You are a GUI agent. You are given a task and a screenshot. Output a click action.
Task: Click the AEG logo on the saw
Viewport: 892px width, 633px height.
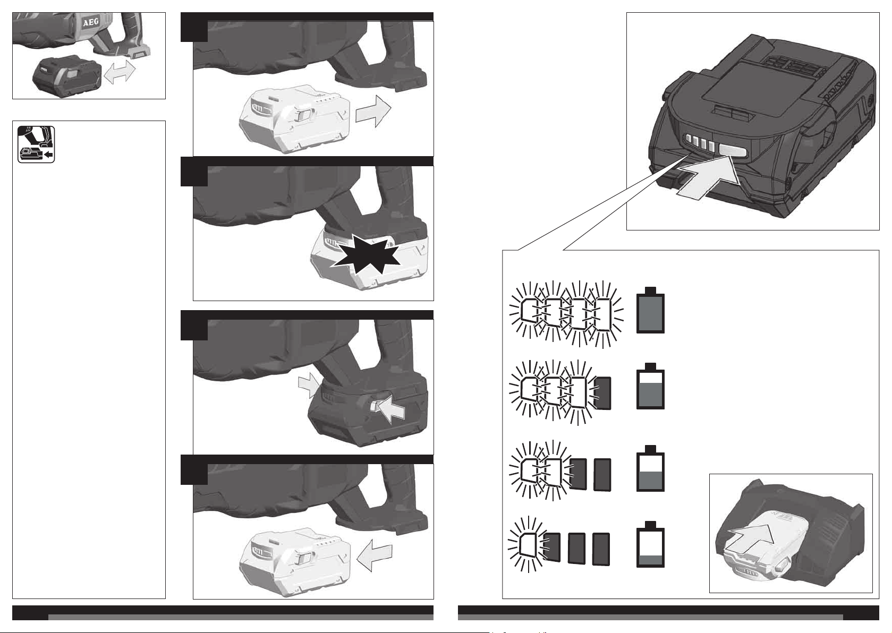(91, 23)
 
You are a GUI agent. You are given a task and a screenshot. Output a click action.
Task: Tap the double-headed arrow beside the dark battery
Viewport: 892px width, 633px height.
(120, 72)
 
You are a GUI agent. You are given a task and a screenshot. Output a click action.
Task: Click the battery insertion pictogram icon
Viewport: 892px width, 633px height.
(36, 144)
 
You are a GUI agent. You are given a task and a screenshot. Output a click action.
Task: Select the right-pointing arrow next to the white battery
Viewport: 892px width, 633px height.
(373, 111)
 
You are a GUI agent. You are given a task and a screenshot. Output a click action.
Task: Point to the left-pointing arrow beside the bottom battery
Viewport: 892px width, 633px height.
(375, 555)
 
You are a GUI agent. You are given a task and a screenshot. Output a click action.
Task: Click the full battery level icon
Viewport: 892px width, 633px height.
(650, 310)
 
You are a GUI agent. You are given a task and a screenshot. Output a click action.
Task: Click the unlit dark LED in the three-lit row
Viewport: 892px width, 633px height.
(602, 393)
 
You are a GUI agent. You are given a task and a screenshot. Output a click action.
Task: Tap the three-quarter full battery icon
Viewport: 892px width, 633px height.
(650, 386)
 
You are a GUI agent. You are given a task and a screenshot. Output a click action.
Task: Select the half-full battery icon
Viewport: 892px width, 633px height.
(650, 468)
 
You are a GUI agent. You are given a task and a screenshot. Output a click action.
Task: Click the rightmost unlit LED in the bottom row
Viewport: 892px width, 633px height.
(601, 549)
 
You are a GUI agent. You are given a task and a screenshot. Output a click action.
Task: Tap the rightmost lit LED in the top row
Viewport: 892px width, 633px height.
(603, 314)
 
